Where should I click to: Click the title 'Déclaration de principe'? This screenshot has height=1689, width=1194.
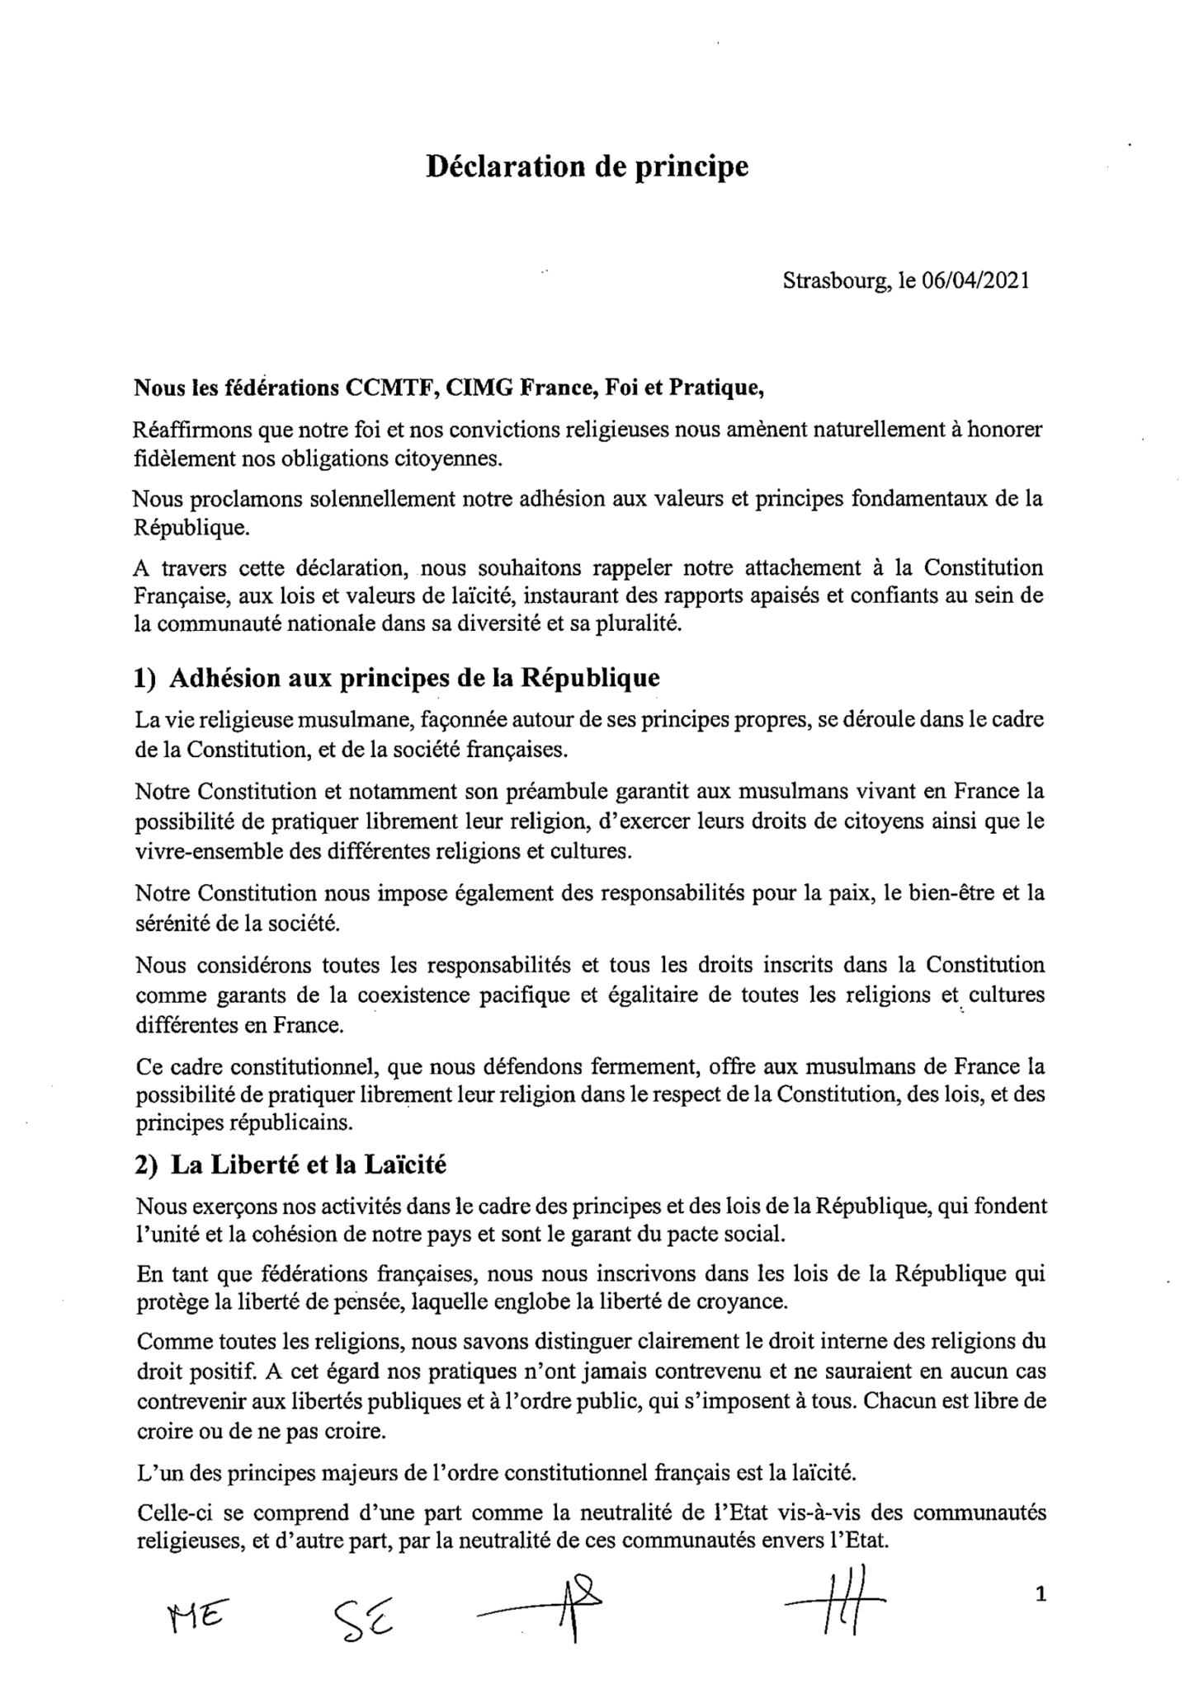tap(587, 167)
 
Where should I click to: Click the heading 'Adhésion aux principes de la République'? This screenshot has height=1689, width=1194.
tap(414, 678)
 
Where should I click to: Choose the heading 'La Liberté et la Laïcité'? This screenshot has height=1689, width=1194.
tap(308, 1164)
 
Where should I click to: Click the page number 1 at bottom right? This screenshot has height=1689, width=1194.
tap(1041, 1596)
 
